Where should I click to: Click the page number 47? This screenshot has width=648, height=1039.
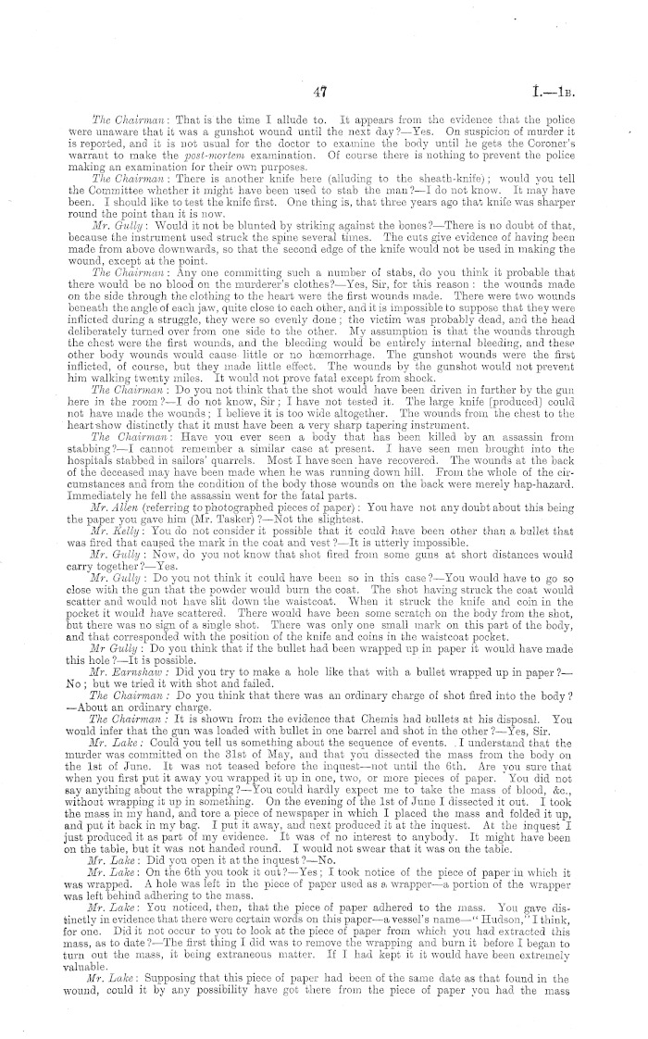point(322,91)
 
